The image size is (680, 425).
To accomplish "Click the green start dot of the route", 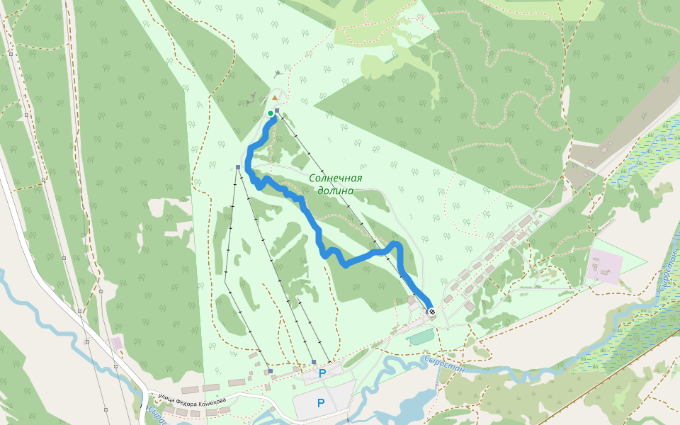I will [270, 113].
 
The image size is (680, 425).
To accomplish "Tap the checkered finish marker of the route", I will [431, 311].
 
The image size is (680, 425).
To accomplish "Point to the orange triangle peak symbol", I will [274, 97].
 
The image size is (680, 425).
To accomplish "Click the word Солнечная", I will [336, 178].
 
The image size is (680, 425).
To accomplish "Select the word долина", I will [336, 191].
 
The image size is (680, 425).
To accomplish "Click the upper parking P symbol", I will [322, 373].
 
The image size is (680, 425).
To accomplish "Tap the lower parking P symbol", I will [321, 403].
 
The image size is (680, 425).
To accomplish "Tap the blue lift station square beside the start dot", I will [277, 112].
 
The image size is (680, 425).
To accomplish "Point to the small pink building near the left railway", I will [117, 343].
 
